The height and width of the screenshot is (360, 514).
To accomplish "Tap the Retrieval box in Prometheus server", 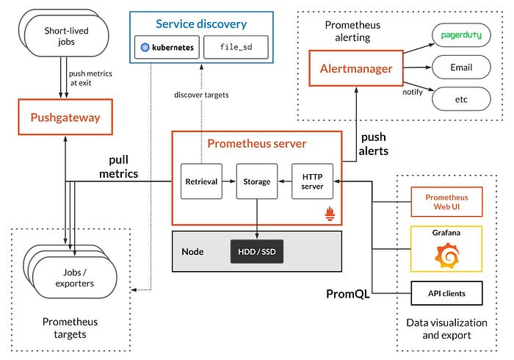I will point(200,181).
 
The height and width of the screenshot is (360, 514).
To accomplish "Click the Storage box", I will point(256,181).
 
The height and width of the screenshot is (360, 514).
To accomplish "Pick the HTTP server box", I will point(313,181).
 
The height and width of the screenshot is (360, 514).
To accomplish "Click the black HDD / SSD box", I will point(256,252).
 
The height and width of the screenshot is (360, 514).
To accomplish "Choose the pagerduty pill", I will point(460,35).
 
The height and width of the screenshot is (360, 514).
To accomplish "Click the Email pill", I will point(460,67).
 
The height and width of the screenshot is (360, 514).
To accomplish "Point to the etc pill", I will point(460,98).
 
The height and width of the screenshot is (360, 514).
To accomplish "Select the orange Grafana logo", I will point(446,255).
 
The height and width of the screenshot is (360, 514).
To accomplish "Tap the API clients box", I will point(446,293).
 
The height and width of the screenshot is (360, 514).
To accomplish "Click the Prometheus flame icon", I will point(330,215).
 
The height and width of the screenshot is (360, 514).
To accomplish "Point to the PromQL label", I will point(347,295).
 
